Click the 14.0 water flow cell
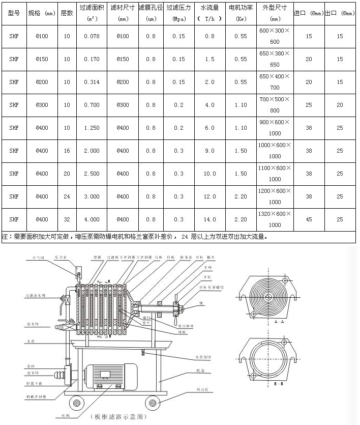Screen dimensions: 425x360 click(210, 219)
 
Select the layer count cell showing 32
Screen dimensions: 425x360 click(67, 219)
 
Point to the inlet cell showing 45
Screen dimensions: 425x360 click(309, 219)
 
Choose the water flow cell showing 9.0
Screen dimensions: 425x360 click(210, 151)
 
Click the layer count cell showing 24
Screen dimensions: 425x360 click(67, 196)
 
